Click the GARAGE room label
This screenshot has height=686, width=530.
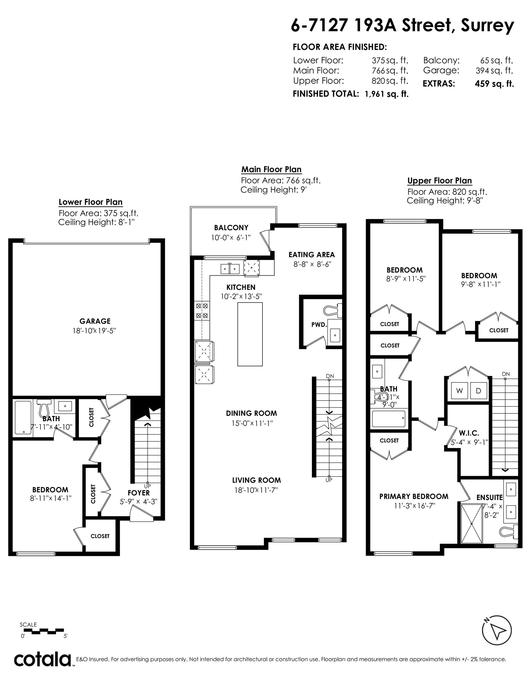[x=95, y=321]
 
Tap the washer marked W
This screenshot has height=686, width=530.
[x=459, y=391]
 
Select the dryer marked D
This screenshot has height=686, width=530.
[x=478, y=391]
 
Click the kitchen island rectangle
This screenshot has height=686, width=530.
[x=250, y=334]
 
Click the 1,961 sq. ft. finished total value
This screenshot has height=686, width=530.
[x=386, y=94]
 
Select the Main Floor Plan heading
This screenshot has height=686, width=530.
[x=272, y=170]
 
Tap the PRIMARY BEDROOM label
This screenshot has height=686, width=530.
[x=414, y=496]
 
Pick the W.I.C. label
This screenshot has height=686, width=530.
[x=469, y=433]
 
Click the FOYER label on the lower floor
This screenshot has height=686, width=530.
[x=138, y=493]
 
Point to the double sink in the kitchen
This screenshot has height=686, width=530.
[x=230, y=269]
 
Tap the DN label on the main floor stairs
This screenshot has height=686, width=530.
[x=330, y=376]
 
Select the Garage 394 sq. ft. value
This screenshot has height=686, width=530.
[x=494, y=71]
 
